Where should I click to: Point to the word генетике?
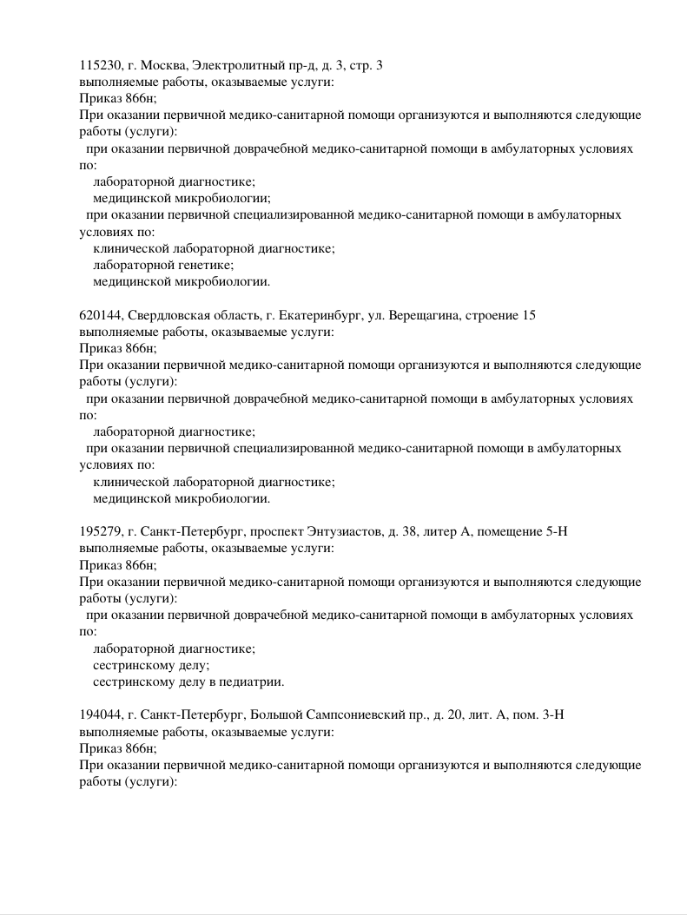pyautogui.click(x=202, y=265)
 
